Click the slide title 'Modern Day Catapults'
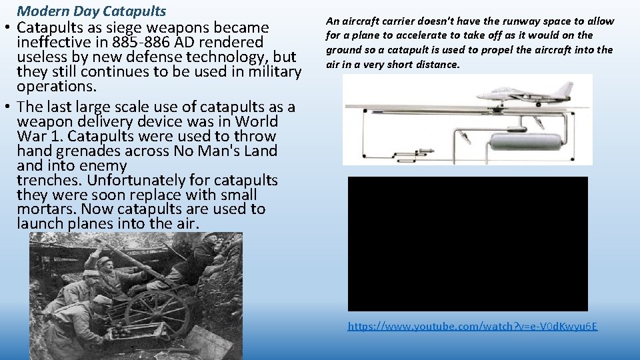(91, 11)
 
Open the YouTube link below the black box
(472, 326)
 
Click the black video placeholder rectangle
(467, 243)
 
